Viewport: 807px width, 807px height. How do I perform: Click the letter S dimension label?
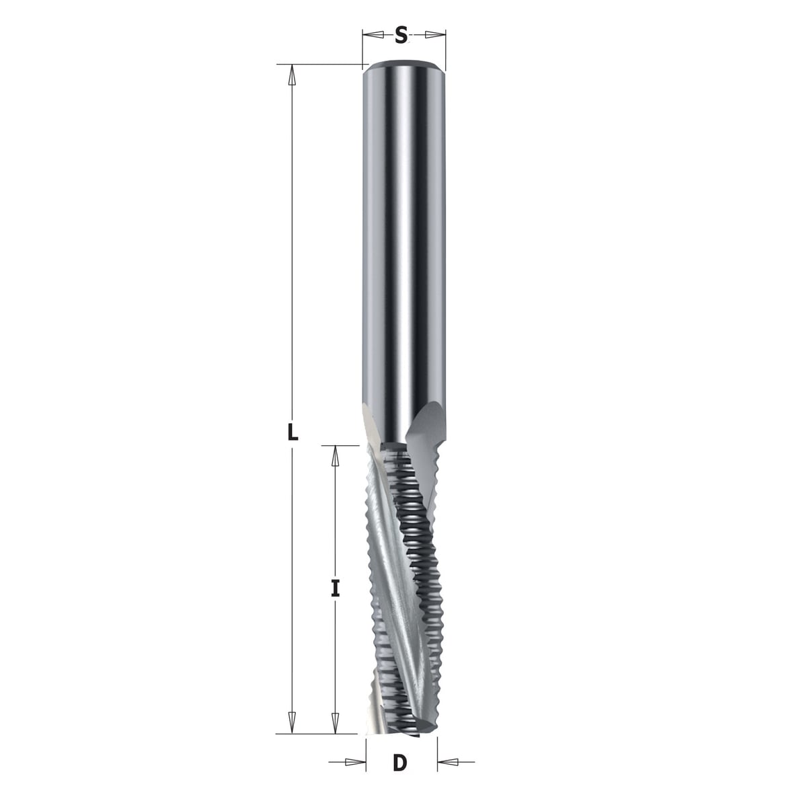[401, 35]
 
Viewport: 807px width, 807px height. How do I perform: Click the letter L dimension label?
[293, 432]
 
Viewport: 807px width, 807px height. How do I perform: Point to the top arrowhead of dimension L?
[293, 75]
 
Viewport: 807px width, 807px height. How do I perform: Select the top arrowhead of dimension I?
[335, 456]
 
